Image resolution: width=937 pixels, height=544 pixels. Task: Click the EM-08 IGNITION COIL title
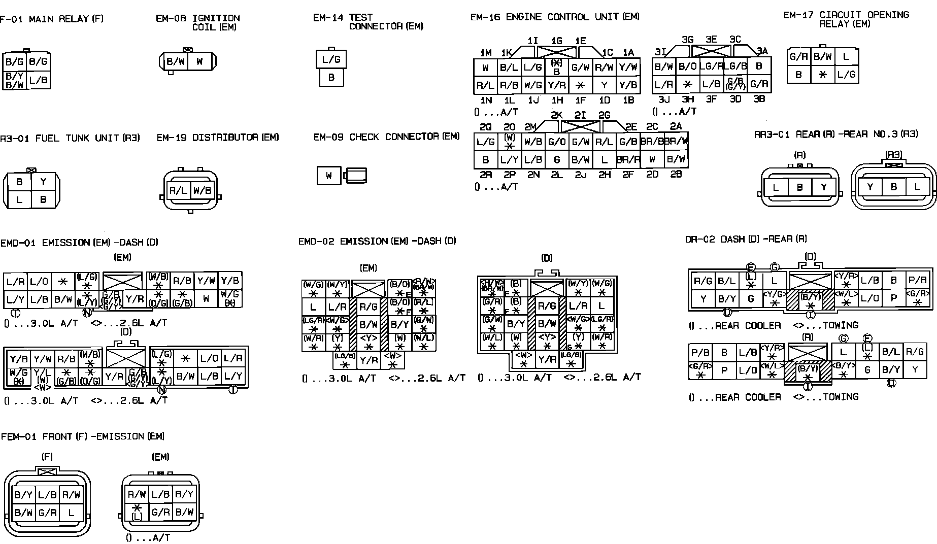click(x=198, y=22)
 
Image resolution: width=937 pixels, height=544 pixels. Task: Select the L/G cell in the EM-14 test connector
click(x=331, y=59)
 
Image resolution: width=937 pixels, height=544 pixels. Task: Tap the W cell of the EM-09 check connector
click(x=329, y=176)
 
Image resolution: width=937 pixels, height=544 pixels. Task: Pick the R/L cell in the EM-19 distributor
click(x=178, y=191)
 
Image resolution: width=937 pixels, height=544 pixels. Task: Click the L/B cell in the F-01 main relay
click(x=39, y=80)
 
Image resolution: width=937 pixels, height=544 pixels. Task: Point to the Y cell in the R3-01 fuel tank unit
click(x=44, y=182)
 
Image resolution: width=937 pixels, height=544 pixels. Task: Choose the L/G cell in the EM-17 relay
click(x=846, y=75)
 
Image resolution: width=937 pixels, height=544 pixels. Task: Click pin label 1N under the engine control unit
click(x=486, y=100)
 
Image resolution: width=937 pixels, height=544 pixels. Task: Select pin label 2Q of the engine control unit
click(x=485, y=127)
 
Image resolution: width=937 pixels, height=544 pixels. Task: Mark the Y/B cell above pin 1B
click(x=628, y=85)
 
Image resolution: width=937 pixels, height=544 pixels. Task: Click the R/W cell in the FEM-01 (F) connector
click(x=71, y=494)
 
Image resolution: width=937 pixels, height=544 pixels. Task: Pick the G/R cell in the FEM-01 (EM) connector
click(x=160, y=512)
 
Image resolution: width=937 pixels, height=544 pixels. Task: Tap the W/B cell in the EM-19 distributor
click(x=202, y=191)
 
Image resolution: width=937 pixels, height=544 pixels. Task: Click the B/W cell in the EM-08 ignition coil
click(x=176, y=62)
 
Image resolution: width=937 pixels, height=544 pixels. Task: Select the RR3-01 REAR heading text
click(x=836, y=134)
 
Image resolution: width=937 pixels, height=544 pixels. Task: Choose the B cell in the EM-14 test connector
click(x=331, y=78)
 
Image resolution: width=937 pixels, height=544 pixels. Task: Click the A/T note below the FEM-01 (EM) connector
click(x=148, y=537)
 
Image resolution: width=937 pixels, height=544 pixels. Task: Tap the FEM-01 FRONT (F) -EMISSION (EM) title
click(x=83, y=436)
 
